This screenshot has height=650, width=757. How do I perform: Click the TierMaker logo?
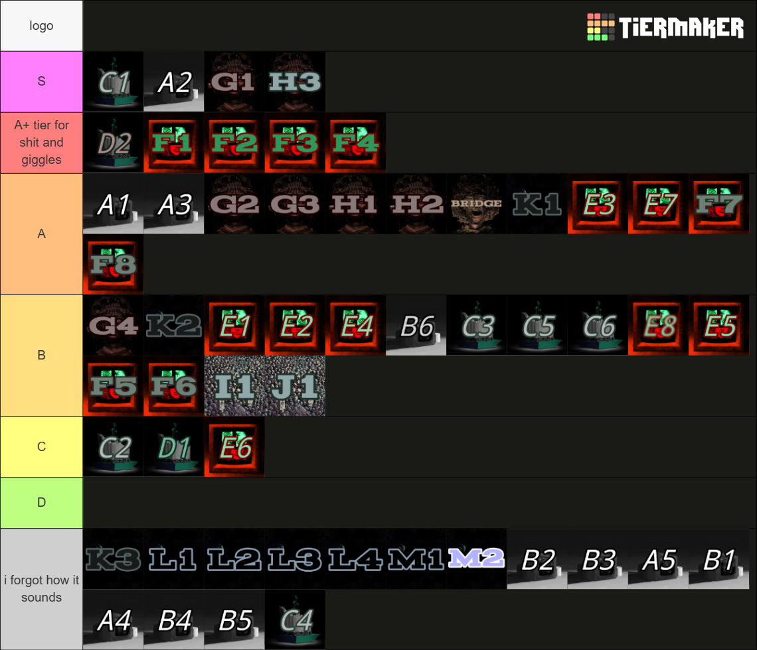[x=665, y=27]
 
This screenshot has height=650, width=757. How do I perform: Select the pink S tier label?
[x=42, y=82]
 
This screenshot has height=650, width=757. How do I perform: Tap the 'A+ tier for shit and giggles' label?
[x=42, y=143]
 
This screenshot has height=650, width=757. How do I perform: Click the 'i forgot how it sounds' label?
[x=42, y=589]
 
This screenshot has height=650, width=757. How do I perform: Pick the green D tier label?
[x=42, y=503]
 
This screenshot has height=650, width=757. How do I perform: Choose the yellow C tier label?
[x=42, y=446]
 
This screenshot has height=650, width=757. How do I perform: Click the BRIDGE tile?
[x=477, y=204]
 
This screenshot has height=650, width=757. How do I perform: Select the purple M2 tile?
[x=477, y=559]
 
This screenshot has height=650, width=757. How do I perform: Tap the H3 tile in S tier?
[x=295, y=82]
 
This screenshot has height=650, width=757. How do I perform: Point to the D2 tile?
[x=114, y=143]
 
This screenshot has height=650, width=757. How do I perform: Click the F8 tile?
[x=114, y=265]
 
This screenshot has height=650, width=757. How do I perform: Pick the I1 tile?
[x=234, y=386]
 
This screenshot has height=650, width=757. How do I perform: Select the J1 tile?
[x=295, y=386]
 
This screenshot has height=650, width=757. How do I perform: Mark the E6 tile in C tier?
[x=234, y=447]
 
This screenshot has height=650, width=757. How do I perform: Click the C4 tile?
[x=295, y=619]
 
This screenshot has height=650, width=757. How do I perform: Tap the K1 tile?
[x=537, y=204]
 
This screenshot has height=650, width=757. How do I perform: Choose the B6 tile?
[x=416, y=326]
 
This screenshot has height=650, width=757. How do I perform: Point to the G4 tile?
[x=114, y=326]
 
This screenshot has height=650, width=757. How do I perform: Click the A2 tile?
[x=174, y=82]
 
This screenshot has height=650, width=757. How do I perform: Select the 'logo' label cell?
[x=42, y=26]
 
